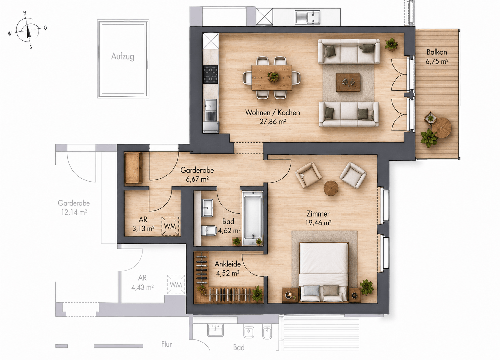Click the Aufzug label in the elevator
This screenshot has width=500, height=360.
(x=122, y=56)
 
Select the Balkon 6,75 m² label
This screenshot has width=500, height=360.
(x=436, y=57)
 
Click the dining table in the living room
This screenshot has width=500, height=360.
(x=272, y=77)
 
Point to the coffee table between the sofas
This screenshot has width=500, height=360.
(x=348, y=83)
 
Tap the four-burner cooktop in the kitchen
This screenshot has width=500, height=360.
(x=211, y=74)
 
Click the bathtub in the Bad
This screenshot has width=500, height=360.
(x=253, y=218)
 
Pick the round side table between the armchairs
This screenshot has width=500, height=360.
(x=331, y=188)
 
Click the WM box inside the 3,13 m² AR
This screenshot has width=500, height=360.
(x=170, y=226)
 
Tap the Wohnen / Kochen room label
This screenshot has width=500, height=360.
(x=272, y=113)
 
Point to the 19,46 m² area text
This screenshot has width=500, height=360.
(x=318, y=223)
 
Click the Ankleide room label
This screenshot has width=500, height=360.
(x=228, y=264)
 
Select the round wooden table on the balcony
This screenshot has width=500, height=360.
(x=441, y=128)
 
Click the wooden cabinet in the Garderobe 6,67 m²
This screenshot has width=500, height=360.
(x=134, y=168)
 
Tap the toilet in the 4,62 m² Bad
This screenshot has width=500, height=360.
(x=209, y=231)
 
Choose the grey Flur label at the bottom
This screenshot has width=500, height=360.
(x=167, y=344)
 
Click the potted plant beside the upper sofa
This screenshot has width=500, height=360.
(x=391, y=44)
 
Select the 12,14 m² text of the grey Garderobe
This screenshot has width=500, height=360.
(x=74, y=212)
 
